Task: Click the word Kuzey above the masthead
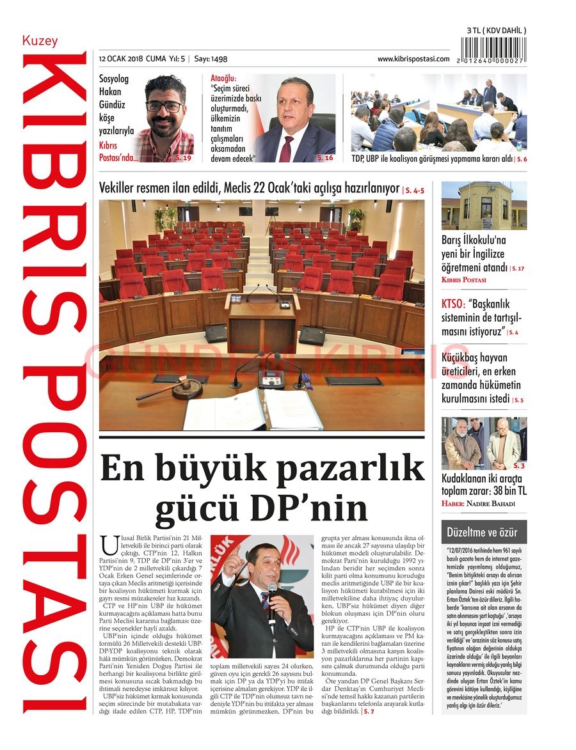[40, 41]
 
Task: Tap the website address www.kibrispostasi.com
[413, 59]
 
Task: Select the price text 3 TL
[477, 31]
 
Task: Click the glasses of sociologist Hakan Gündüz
[164, 106]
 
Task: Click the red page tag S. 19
[183, 157]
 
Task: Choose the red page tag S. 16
[325, 157]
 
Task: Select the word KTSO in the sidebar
[453, 304]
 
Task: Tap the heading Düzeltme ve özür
[483, 532]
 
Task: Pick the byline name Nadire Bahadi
[490, 504]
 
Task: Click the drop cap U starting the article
[109, 546]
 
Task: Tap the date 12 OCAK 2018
[121, 59]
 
